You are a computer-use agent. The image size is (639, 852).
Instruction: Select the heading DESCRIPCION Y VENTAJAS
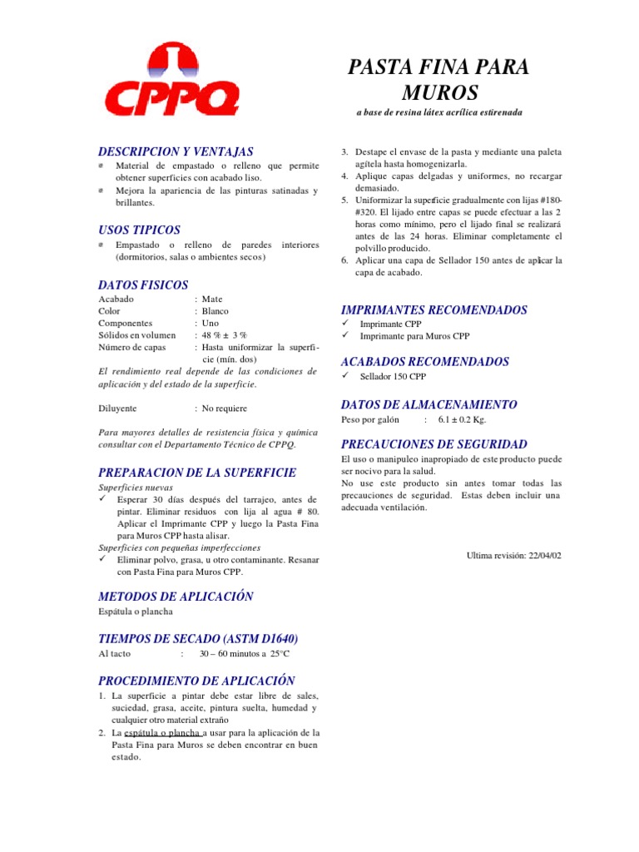(x=176, y=151)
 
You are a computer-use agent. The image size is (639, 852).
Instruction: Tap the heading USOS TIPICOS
(x=139, y=230)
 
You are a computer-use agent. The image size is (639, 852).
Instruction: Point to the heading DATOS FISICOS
(x=143, y=285)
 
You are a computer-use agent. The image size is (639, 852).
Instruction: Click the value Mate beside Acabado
(x=213, y=299)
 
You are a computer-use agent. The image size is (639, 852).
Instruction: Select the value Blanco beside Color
(x=215, y=310)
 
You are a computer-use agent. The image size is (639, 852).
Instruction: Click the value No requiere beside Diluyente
(x=225, y=409)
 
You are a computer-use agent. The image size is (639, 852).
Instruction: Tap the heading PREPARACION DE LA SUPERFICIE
(x=197, y=472)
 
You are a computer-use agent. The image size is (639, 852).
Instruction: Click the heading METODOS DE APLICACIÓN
(x=176, y=597)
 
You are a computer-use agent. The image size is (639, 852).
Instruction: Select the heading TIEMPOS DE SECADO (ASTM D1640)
(x=198, y=638)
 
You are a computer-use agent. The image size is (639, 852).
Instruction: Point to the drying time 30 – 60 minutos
(x=233, y=655)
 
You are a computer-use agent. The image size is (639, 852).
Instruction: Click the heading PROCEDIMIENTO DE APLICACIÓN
(x=197, y=680)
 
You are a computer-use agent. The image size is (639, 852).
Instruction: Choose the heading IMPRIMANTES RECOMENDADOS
(x=434, y=310)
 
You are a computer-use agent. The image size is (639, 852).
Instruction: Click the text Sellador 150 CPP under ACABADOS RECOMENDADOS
(x=393, y=377)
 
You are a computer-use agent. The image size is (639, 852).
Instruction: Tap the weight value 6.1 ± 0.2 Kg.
(x=468, y=420)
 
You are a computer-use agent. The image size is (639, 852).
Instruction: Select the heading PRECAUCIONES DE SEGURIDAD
(x=434, y=444)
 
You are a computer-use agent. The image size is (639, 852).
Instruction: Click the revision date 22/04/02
(x=544, y=555)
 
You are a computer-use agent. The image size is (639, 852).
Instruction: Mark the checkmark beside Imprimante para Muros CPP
(x=347, y=335)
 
